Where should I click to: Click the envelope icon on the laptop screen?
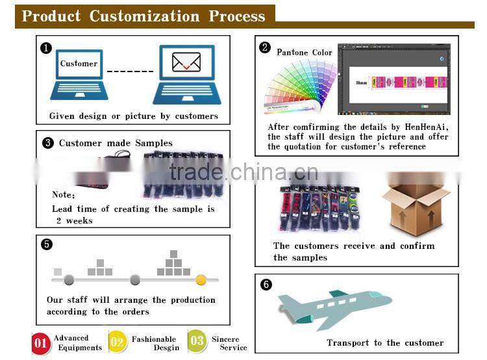pyautogui.click(x=186, y=62)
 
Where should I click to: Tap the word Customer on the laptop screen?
pyautogui.click(x=79, y=64)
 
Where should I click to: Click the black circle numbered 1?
pyautogui.click(x=46, y=48)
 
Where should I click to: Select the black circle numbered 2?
pyautogui.click(x=265, y=47)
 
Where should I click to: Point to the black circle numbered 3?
pyautogui.click(x=48, y=143)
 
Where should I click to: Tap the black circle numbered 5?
pyautogui.click(x=47, y=244)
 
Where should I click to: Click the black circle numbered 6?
pyautogui.click(x=266, y=284)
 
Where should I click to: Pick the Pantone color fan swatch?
pyautogui.click(x=300, y=86)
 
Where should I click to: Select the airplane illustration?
pyautogui.click(x=335, y=309)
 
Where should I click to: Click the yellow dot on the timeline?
pyautogui.click(x=201, y=280)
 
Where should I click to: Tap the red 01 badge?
pyautogui.click(x=41, y=343)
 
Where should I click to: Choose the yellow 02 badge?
pyautogui.click(x=118, y=342)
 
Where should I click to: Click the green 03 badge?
pyautogui.click(x=197, y=341)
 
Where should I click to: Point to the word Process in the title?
pyautogui.click(x=237, y=16)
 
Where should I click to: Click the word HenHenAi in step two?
pyautogui.click(x=426, y=127)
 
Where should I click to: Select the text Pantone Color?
pyautogui.click(x=305, y=52)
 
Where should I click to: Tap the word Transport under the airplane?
pyautogui.click(x=348, y=342)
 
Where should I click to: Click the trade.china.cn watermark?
pyautogui.click(x=243, y=172)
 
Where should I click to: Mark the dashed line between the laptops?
pyautogui.click(x=130, y=71)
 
